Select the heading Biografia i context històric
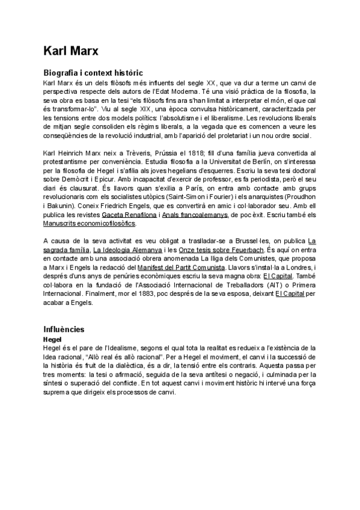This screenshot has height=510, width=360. [93, 72]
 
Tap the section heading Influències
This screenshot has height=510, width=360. [64, 330]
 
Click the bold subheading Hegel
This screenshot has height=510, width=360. [53, 339]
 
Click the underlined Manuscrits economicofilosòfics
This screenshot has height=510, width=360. [89, 223]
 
